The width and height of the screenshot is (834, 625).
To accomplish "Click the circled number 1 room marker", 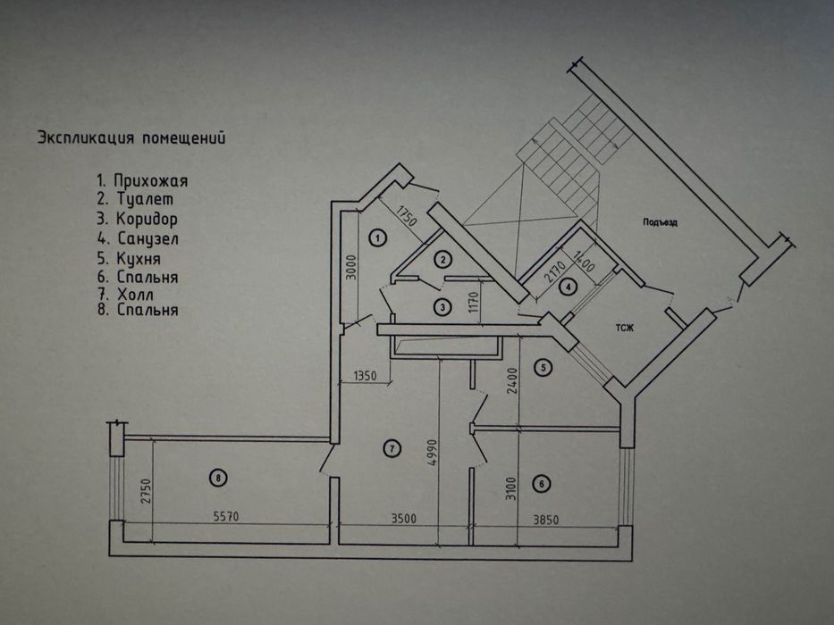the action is pyautogui.click(x=377, y=237).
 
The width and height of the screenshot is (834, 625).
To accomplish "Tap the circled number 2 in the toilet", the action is pyautogui.click(x=442, y=259).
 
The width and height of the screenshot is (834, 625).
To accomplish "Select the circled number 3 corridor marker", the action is pyautogui.click(x=442, y=306).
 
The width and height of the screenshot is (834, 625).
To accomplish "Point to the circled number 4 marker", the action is pyautogui.click(x=569, y=287).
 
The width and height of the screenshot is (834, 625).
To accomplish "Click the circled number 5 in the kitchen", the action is pyautogui.click(x=543, y=367).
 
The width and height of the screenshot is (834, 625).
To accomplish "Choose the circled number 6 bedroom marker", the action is pyautogui.click(x=542, y=484).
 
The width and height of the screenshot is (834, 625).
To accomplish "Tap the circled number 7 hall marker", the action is pyautogui.click(x=392, y=448).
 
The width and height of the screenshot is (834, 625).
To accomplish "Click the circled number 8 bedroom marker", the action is pyautogui.click(x=218, y=478).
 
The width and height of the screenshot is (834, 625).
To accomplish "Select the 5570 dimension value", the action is pyautogui.click(x=226, y=516).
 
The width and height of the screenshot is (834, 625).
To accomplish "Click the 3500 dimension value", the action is pyautogui.click(x=404, y=518).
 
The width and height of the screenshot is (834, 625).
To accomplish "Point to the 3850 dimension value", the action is pyautogui.click(x=545, y=520).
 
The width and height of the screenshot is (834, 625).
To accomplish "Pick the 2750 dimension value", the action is pyautogui.click(x=147, y=493).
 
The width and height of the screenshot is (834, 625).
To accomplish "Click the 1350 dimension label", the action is pyautogui.click(x=365, y=376).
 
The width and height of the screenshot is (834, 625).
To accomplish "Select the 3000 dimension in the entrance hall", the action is pyautogui.click(x=350, y=269).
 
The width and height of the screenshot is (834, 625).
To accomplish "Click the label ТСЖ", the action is pyautogui.click(x=625, y=328).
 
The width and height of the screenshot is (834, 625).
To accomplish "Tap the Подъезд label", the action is pyautogui.click(x=660, y=222).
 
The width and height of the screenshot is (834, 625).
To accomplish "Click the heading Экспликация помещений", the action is pyautogui.click(x=131, y=138).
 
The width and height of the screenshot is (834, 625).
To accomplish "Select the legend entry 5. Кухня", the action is pyautogui.click(x=129, y=259).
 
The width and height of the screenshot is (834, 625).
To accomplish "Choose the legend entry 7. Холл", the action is pyautogui.click(x=125, y=295).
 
